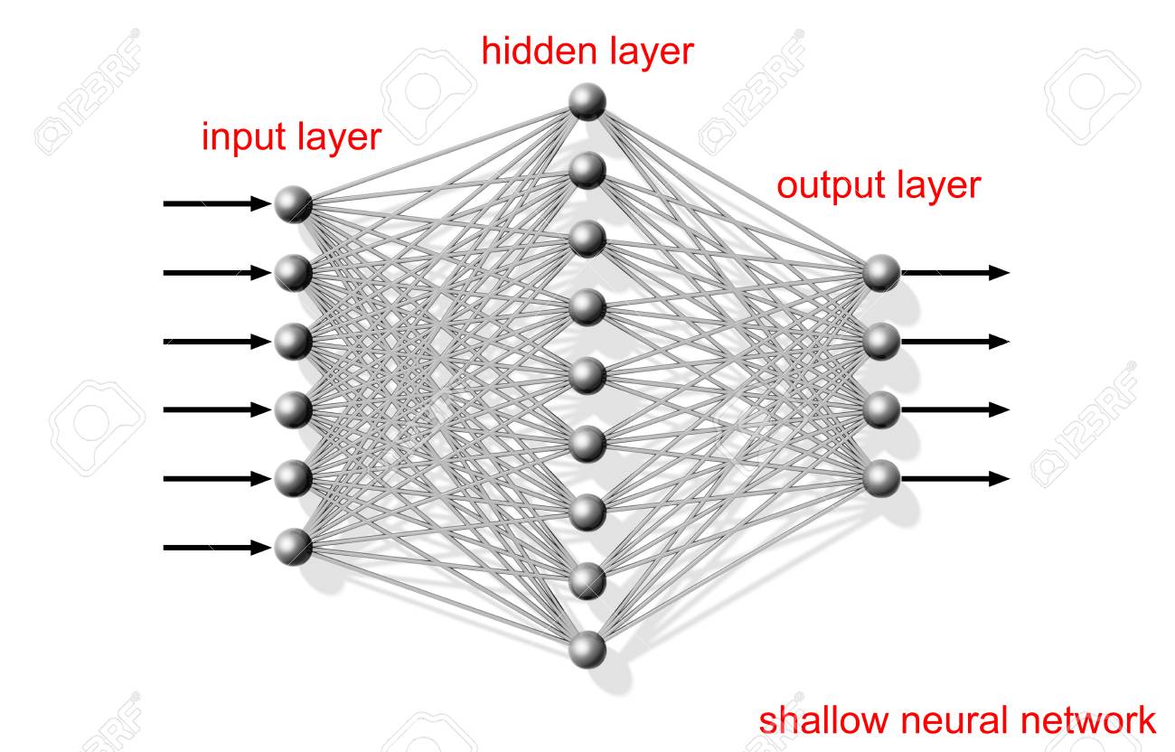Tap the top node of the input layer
coord(294,204)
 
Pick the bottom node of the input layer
coord(294,547)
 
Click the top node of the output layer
coord(881,272)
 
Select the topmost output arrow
coord(954,272)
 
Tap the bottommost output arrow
coord(954,478)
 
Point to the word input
coord(240,138)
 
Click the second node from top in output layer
coord(881,341)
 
